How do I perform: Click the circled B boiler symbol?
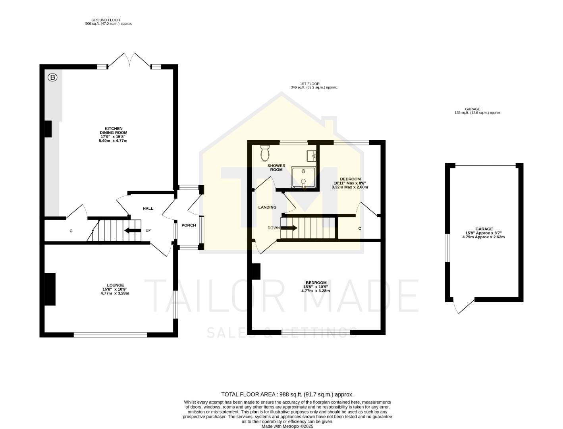pos(52,77)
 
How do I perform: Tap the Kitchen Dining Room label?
pos(113,135)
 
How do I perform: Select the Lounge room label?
pos(115,289)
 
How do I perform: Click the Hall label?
pos(148,209)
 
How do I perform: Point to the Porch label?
pos(189,225)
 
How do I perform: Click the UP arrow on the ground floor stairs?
pos(133,230)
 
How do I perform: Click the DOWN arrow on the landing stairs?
pos(289,228)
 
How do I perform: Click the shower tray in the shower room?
pos(304,177)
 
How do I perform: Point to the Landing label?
pos(267,207)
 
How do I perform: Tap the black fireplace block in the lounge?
pos(50,289)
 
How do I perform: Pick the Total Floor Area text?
pos(287,394)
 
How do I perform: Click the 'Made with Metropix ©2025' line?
pos(287,426)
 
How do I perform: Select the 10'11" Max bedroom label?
pos(350,183)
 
